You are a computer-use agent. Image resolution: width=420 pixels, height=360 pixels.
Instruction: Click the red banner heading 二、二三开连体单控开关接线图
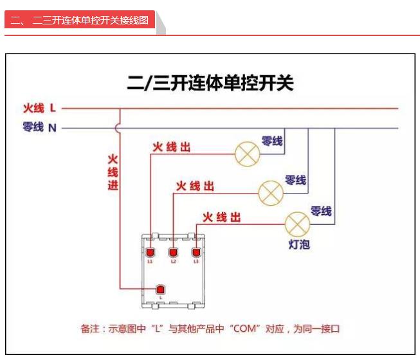tap(80, 21)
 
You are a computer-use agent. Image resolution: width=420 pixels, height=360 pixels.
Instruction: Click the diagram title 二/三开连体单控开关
tap(210, 84)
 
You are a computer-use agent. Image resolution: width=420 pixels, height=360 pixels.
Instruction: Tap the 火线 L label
tap(39, 108)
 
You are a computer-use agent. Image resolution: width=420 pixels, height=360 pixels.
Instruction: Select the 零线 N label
tap(39, 127)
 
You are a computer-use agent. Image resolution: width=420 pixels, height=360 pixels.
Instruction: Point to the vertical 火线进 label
tap(113, 172)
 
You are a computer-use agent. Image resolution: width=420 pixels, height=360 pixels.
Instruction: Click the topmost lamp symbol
tap(246, 154)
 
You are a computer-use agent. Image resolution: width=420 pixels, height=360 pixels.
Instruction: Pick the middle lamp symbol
tap(270, 191)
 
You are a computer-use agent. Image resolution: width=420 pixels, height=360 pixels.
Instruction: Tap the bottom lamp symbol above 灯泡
tap(297, 223)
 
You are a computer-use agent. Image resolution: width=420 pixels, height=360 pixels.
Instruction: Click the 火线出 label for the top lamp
tap(171, 147)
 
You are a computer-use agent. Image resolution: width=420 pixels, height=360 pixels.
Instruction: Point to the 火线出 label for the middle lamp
tap(195, 186)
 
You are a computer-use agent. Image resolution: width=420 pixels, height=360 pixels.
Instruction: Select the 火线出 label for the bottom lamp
tap(221, 218)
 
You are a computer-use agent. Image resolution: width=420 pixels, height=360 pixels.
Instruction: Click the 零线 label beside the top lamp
tap(271, 141)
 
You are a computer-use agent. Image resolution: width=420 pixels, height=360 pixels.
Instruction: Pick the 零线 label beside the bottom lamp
tap(321, 211)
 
